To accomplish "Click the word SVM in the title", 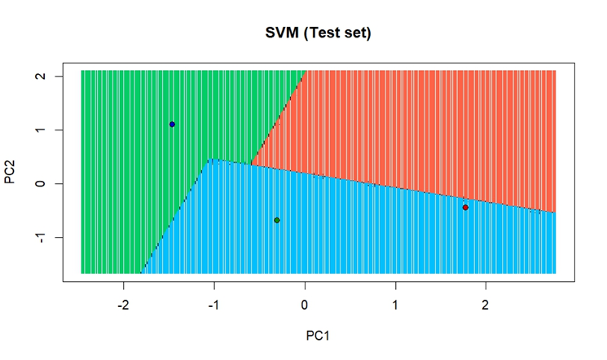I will tap(282, 33).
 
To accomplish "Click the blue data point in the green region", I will tap(172, 125).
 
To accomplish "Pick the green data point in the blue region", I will tap(277, 220).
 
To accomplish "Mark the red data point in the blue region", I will tap(465, 207).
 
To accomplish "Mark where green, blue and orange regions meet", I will tap(252, 165).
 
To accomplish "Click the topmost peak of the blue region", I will tap(211, 160).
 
